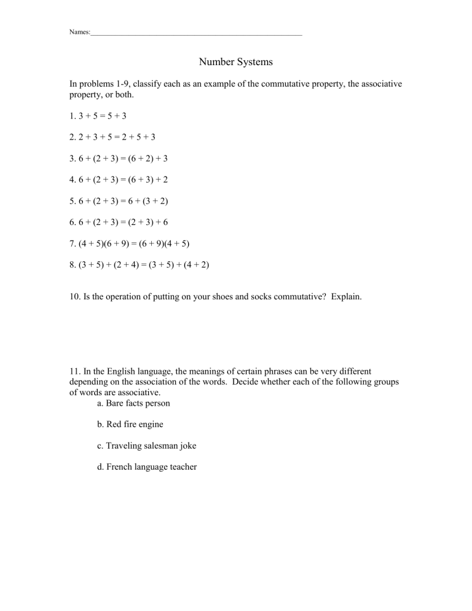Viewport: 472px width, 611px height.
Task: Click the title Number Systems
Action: [x=236, y=62]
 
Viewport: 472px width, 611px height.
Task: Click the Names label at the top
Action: [x=79, y=31]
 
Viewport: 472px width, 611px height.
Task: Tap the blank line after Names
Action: [x=196, y=33]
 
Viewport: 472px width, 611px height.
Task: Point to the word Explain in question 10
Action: [x=346, y=297]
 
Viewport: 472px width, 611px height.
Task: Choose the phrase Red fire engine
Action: [x=130, y=425]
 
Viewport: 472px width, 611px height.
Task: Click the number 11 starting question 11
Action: [x=74, y=371]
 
